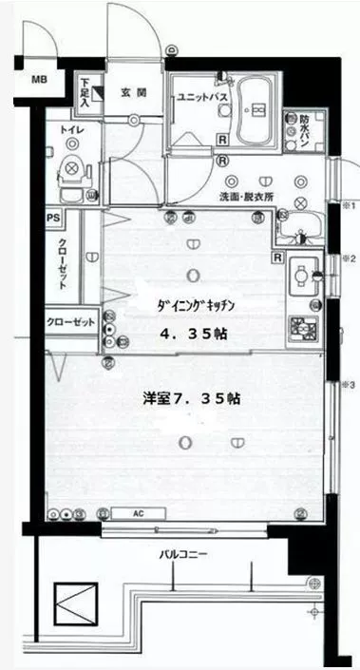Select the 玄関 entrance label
tap(132, 93)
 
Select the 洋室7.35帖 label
tap(187, 398)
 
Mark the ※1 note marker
tap(348, 206)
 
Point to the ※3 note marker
tap(348, 385)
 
